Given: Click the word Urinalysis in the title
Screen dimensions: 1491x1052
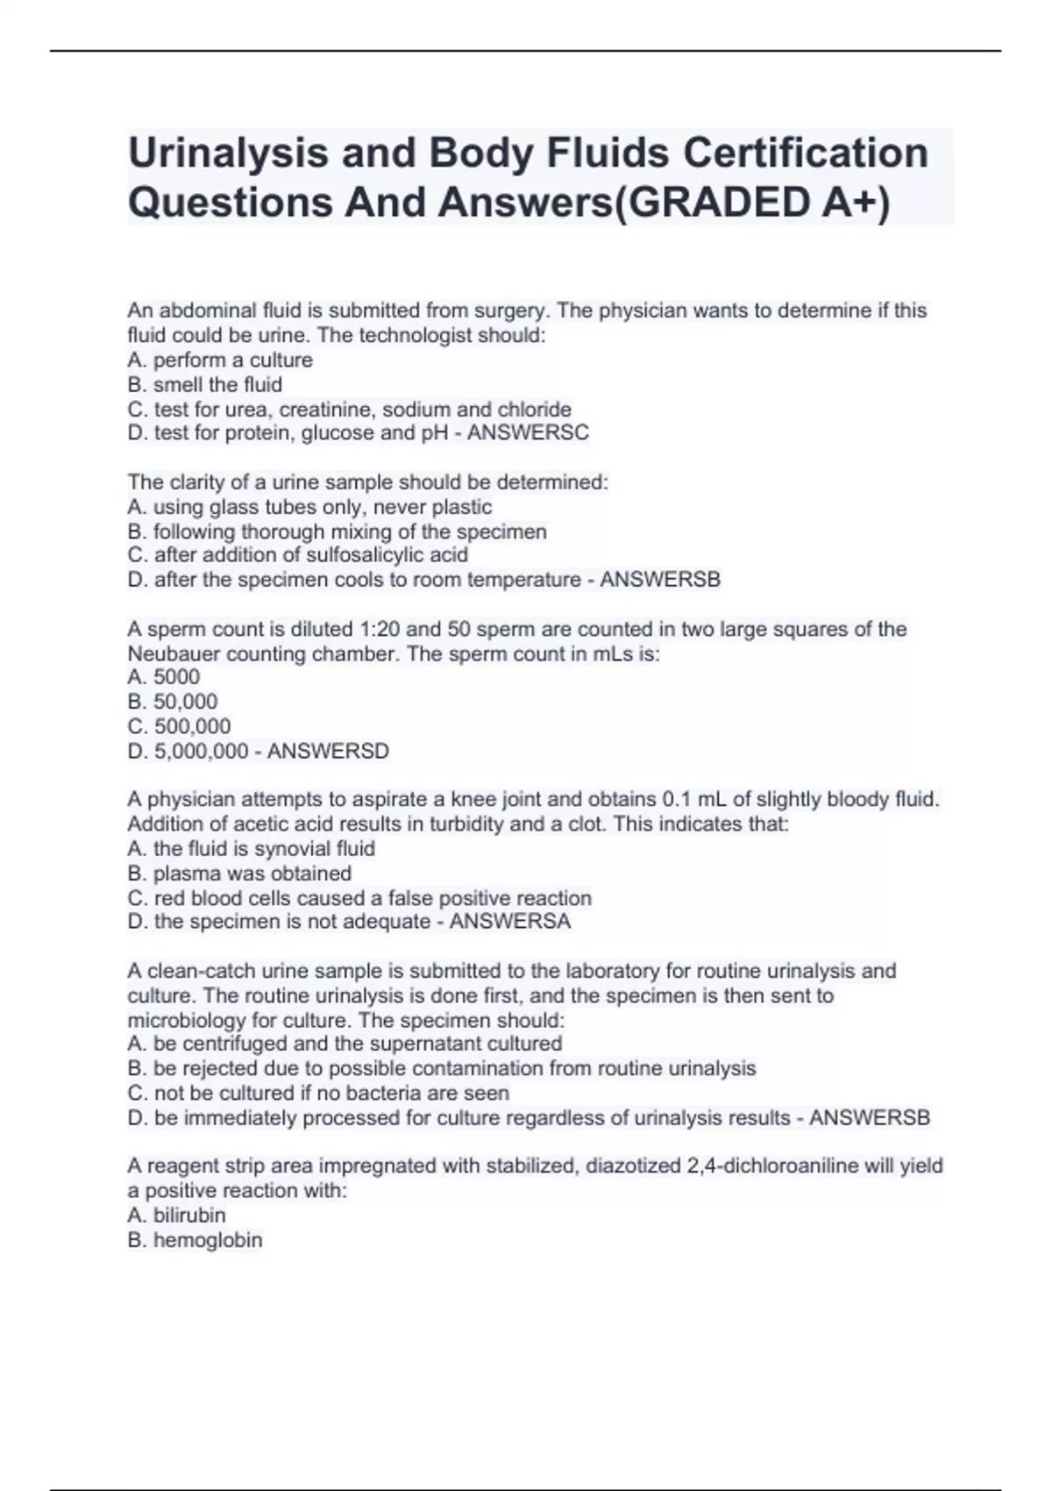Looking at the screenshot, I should click(227, 153).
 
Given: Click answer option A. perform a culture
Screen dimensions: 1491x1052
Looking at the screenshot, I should click(220, 360).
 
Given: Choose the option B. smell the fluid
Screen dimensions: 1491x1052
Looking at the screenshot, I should click(205, 385).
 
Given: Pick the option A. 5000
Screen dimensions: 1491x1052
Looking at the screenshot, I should click(164, 677).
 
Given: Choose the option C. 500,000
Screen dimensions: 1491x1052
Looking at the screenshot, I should click(180, 727).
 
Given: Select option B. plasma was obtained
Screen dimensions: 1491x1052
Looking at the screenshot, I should click(239, 874).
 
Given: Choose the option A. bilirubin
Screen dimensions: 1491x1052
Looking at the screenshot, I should click(177, 1216).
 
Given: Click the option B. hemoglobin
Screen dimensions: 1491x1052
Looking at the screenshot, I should click(195, 1240).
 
